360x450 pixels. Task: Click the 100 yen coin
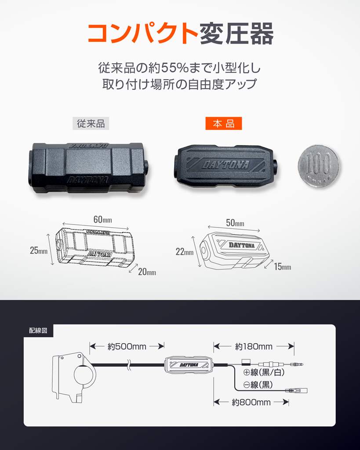[318, 166]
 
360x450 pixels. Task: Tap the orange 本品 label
[224, 123]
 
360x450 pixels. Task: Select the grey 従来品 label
[91, 123]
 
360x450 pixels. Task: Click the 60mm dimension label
[102, 220]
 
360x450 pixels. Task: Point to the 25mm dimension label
[39, 250]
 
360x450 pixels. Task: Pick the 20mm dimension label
[147, 272]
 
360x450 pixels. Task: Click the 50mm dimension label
[235, 223]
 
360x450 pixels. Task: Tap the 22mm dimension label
[184, 252]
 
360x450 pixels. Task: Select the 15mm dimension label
[283, 267]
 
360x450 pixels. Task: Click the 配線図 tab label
[38, 330]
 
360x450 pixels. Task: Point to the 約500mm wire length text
[127, 347]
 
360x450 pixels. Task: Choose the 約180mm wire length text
[254, 347]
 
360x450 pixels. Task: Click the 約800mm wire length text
[251, 403]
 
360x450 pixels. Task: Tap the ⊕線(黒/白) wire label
[264, 372]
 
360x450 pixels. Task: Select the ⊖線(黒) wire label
[258, 385]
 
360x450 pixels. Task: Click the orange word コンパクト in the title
[143, 33]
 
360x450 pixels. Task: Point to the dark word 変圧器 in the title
[236, 33]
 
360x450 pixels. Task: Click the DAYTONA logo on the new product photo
[225, 165]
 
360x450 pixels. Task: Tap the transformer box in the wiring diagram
[189, 365]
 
